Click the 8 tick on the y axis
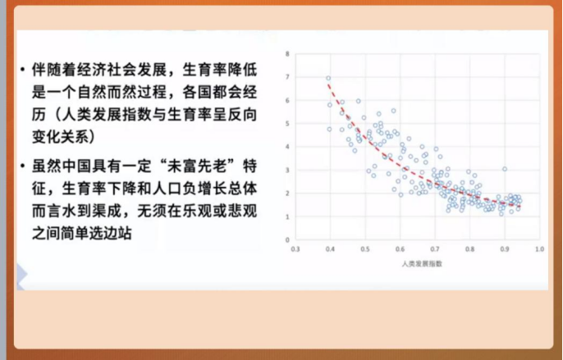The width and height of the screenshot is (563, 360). pos(287,54)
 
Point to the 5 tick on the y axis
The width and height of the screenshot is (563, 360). pos(287,124)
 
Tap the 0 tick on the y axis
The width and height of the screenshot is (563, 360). pos(287,240)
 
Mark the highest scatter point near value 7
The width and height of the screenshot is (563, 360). pos(329,79)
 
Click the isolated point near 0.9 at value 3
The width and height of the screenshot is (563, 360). pos(505,169)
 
